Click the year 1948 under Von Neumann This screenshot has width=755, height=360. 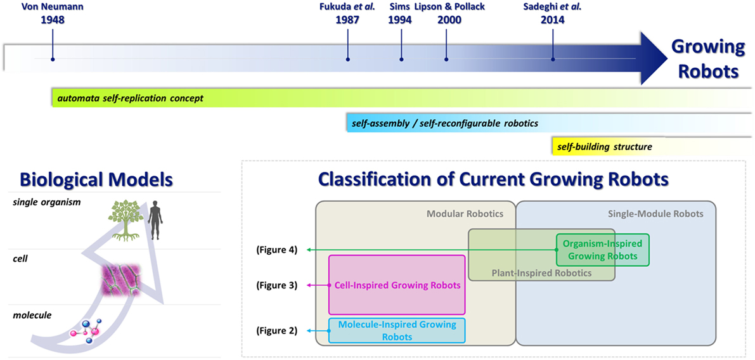click(53, 20)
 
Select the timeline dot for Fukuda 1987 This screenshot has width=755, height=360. click(347, 59)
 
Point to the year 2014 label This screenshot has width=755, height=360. click(553, 20)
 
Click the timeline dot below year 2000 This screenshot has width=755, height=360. click(446, 59)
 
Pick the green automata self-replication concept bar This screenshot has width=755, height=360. click(401, 98)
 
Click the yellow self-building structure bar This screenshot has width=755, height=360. click(652, 146)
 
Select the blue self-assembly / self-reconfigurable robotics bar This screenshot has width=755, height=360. click(549, 123)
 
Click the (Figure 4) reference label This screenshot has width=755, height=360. click(277, 250)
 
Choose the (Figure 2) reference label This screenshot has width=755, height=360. click(277, 331)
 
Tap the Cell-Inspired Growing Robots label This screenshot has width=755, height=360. click(397, 285)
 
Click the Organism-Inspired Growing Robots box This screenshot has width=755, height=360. click(602, 250)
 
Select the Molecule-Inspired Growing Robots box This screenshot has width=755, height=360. click(397, 331)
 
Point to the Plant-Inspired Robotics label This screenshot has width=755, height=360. click(541, 273)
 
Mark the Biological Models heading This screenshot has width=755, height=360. click(96, 180)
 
